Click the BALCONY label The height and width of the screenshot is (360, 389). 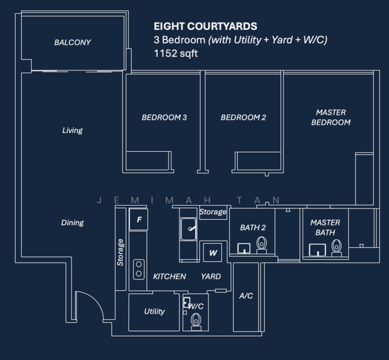tap(72, 43)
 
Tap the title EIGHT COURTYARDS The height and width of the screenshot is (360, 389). tap(205, 26)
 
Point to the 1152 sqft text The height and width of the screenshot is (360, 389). tap(176, 53)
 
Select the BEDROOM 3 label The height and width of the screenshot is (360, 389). tap(164, 118)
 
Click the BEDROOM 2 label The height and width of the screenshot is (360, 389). tap(243, 118)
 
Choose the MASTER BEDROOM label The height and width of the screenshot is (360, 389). tap(333, 118)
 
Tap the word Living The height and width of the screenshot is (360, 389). tap(72, 130)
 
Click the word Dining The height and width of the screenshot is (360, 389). tap(72, 223)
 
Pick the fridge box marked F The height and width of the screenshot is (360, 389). tap(139, 220)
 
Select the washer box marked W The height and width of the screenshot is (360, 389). tap(213, 253)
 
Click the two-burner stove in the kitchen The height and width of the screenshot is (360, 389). tap(139, 268)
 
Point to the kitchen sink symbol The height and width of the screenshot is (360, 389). tap(189, 229)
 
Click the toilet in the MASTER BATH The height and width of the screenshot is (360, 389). tap(337, 247)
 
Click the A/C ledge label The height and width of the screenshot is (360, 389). tap(246, 296)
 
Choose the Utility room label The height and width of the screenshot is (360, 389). tap(154, 311)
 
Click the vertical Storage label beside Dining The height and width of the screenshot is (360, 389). tap(121, 253)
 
